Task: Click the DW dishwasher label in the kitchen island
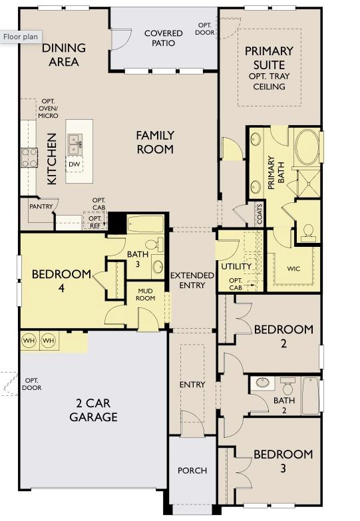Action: [x=75, y=164]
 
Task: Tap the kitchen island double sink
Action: [x=75, y=142]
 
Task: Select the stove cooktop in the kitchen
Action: [x=29, y=157]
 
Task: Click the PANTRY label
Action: [x=41, y=206]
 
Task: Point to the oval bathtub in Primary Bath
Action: [x=307, y=148]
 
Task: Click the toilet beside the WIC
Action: [x=308, y=231]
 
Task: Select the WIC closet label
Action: [x=293, y=269]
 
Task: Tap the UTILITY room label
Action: [x=236, y=267]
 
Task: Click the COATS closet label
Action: [x=259, y=214]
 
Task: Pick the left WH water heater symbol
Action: [x=29, y=341]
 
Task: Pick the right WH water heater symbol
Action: [x=49, y=341]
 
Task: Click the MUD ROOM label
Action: [x=146, y=294]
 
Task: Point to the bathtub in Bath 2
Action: [x=311, y=396]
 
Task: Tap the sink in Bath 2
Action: [x=263, y=383]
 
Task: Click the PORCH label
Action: [x=192, y=470]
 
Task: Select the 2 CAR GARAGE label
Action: [x=94, y=411]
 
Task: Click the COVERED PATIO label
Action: [x=163, y=38]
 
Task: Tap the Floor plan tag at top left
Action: [x=21, y=37]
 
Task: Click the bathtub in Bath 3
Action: [x=144, y=224]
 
